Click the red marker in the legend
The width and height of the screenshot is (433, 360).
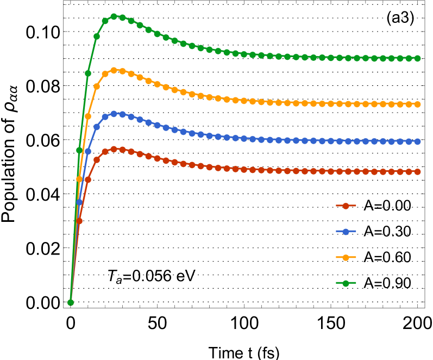[x=346, y=206]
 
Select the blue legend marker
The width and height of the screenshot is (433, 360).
[x=346, y=231]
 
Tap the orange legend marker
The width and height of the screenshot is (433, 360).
[x=346, y=257]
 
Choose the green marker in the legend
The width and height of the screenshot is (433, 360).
[x=346, y=283]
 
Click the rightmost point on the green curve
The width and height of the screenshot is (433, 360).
[x=417, y=58]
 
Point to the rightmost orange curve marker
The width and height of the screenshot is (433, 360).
[x=417, y=104]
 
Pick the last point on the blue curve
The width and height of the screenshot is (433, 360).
[x=417, y=141]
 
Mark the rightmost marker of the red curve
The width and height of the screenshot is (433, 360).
[x=417, y=171]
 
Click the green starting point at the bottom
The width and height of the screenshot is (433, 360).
[x=71, y=302]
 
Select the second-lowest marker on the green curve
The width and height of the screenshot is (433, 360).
[x=79, y=150]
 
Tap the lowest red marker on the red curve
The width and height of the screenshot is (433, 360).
[x=79, y=221]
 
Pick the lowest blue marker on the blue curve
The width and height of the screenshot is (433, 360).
[x=79, y=202]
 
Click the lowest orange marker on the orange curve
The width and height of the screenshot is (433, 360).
[x=79, y=179]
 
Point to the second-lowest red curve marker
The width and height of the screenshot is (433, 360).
[x=88, y=179]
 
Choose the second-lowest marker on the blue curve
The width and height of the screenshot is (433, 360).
[x=88, y=151]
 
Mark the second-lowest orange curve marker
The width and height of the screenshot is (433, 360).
[x=88, y=116]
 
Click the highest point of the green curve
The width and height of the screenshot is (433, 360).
[x=114, y=16]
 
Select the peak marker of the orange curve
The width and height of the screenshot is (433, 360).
[x=114, y=70]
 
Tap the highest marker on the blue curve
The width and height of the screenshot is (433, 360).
[x=114, y=114]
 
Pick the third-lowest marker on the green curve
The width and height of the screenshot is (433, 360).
[x=88, y=73]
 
